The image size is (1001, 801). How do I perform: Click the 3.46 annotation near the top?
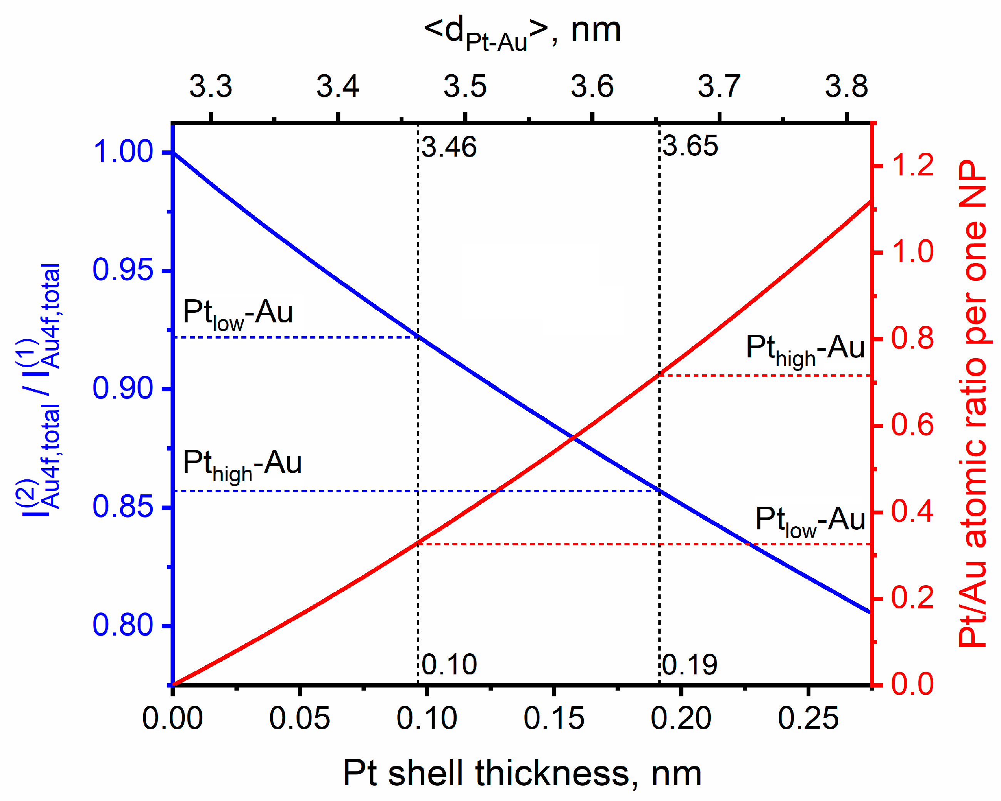coord(449,148)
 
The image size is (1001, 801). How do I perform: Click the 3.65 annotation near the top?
coord(690,146)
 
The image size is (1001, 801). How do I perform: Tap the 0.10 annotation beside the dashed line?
coord(449,664)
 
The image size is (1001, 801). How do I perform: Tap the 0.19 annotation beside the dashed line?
coord(690,664)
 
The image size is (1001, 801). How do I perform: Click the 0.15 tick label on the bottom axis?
coord(554,718)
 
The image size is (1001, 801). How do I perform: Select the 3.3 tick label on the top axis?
coord(210,87)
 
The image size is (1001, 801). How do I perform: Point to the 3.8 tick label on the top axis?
coord(846,87)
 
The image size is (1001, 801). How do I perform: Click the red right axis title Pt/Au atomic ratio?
coord(973,404)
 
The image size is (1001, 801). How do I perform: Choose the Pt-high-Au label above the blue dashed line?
coord(242,464)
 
